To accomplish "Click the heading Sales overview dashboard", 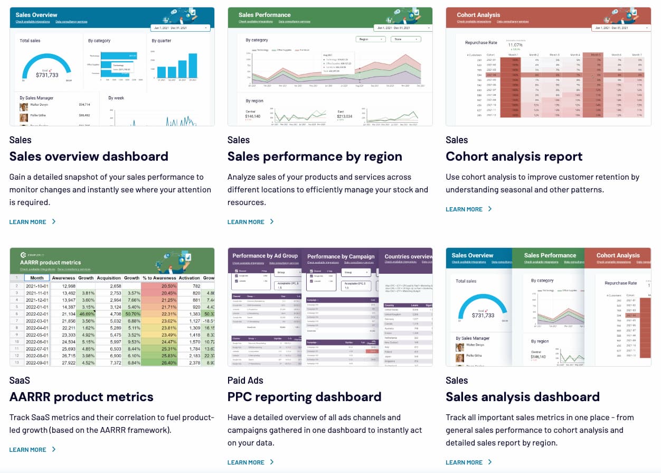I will (x=89, y=156).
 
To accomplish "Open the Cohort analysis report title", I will (x=514, y=156).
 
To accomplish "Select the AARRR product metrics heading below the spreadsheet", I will (x=81, y=397).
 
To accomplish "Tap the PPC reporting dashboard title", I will (x=304, y=397).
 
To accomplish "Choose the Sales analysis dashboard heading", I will (x=522, y=397).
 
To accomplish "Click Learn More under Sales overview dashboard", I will (x=32, y=222).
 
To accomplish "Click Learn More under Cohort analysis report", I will (x=468, y=209).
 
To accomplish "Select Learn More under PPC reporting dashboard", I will (x=250, y=462).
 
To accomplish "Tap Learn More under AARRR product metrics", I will (x=32, y=450).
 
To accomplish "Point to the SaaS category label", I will (x=20, y=381).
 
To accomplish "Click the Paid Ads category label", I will (x=245, y=381).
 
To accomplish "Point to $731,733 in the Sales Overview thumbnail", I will (x=47, y=75).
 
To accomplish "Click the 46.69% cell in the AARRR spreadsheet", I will (x=86, y=314).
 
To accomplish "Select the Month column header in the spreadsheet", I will (x=37, y=278).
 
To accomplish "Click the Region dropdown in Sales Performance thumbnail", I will (x=371, y=39).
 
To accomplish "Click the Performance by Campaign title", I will (x=341, y=256).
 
